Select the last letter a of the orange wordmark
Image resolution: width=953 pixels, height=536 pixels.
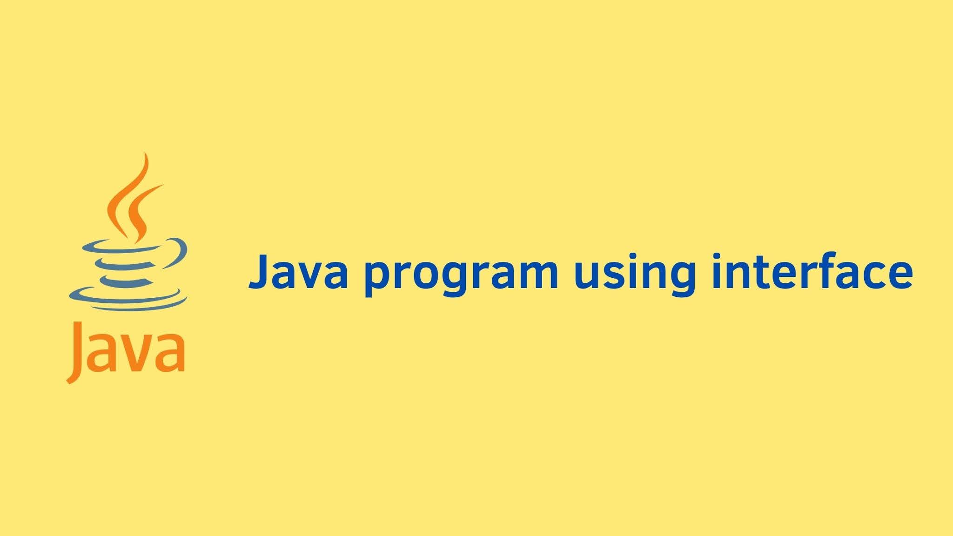[x=169, y=354]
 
